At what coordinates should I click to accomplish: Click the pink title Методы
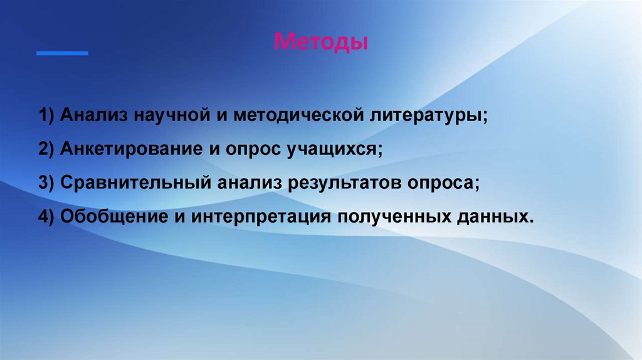[x=321, y=43]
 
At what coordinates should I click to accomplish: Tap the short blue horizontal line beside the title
[x=62, y=53]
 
